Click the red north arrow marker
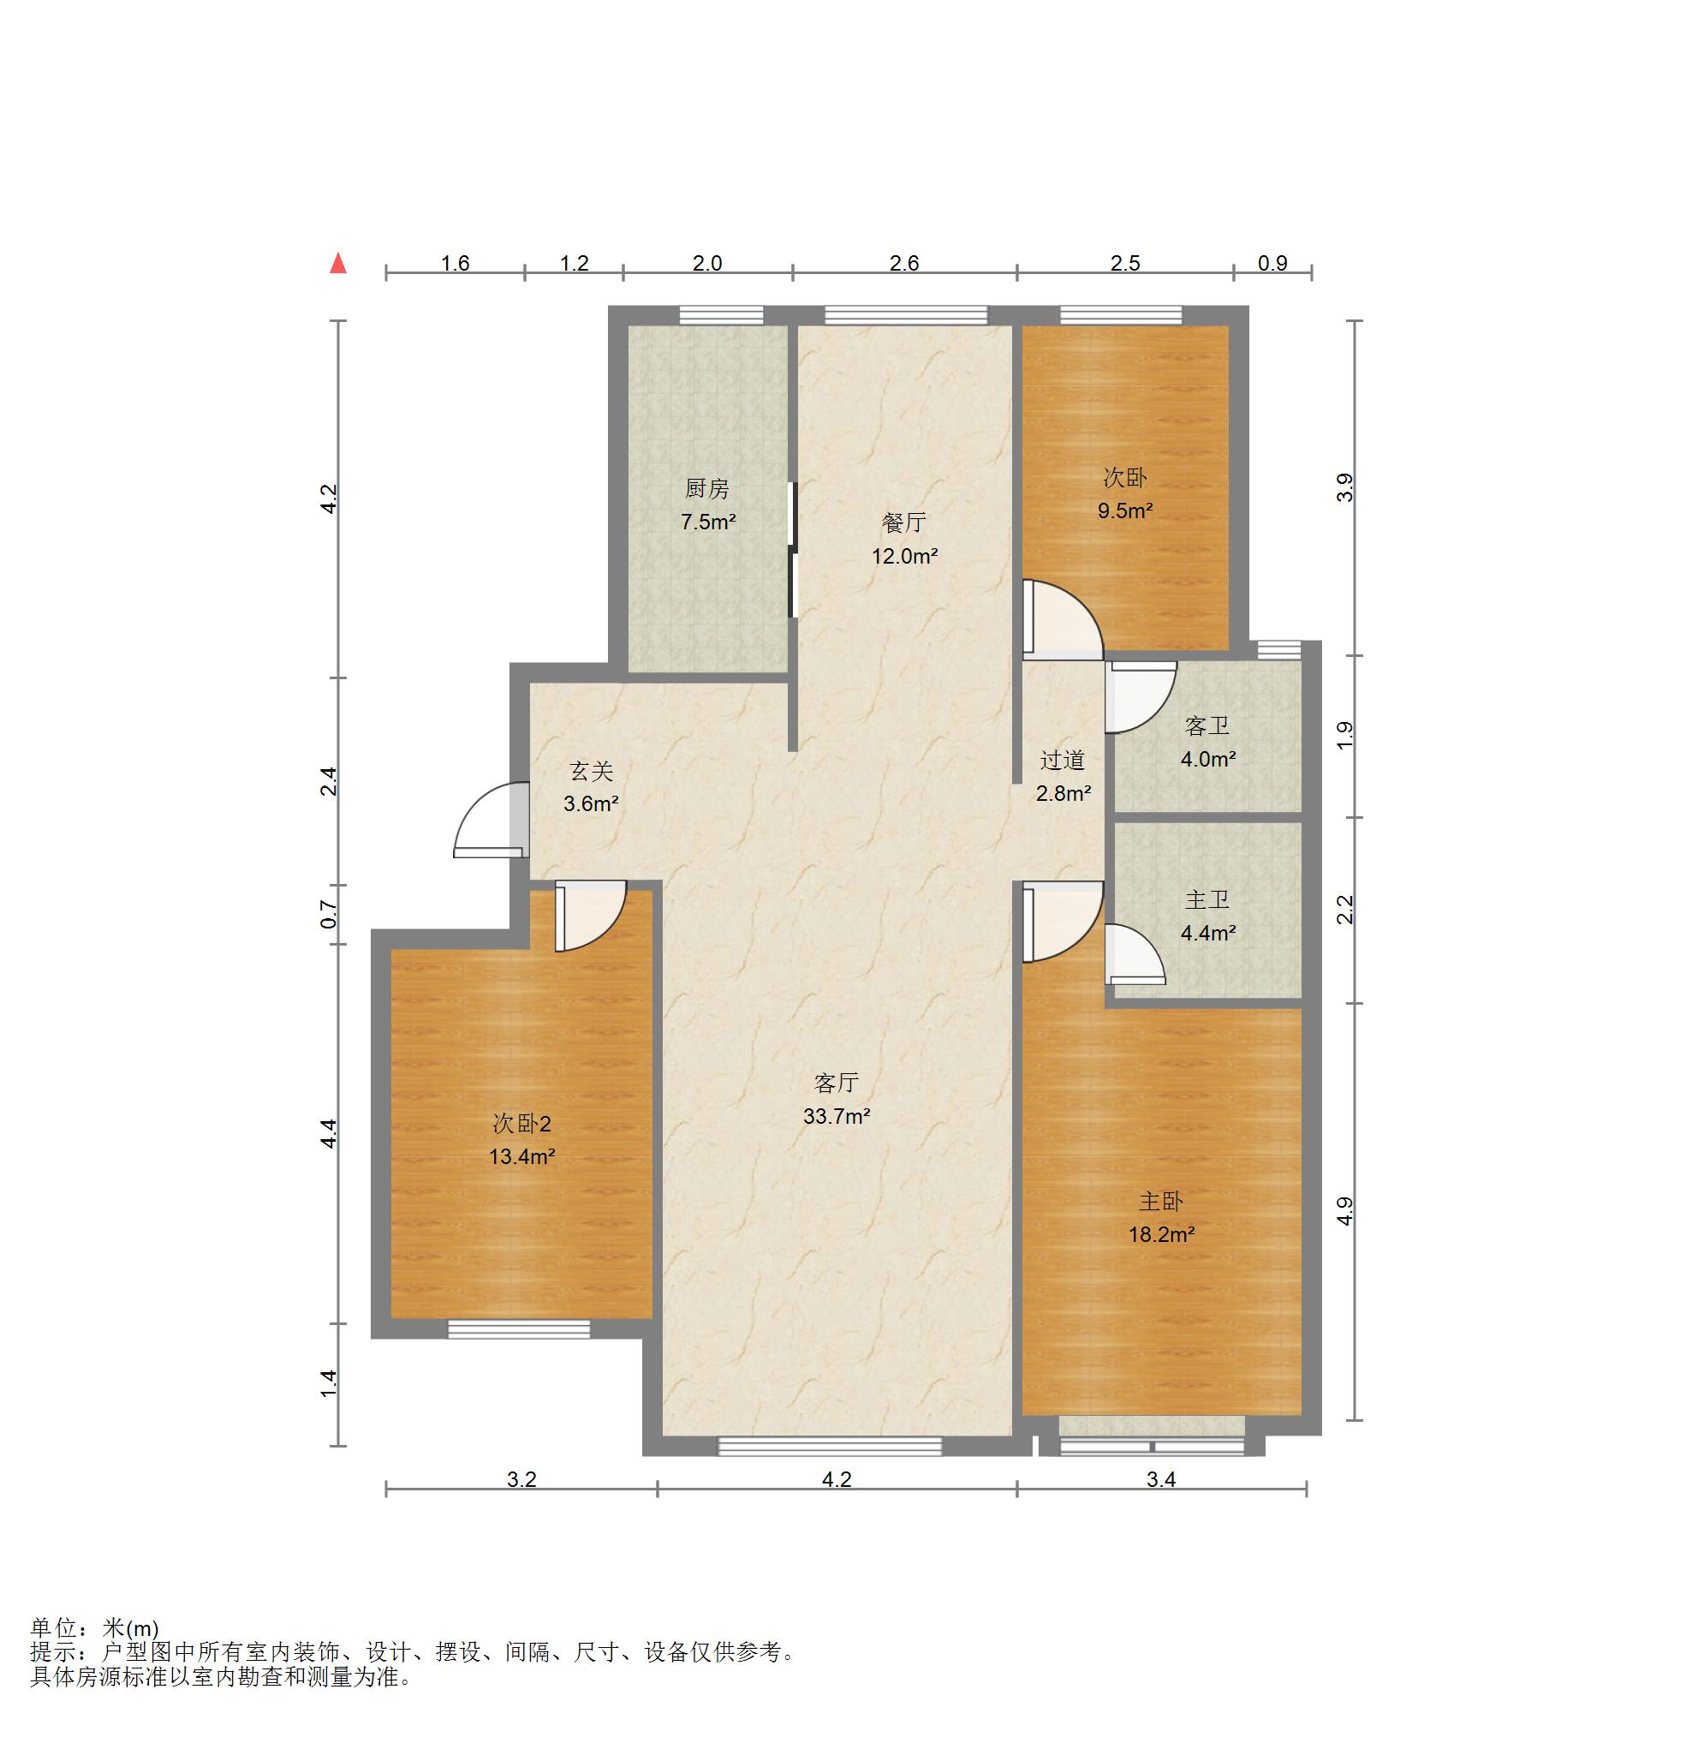337,263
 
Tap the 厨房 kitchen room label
706,489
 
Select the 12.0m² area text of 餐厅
904,556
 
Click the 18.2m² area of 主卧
1161,1234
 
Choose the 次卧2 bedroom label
521,1123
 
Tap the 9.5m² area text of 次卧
1124,510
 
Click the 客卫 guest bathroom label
1207,726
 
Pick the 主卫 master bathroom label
1207,899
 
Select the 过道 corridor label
1063,760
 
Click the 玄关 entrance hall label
591,771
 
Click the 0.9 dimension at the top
1272,263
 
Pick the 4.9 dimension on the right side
1344,1211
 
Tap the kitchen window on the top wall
721,314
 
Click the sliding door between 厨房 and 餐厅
791,550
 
